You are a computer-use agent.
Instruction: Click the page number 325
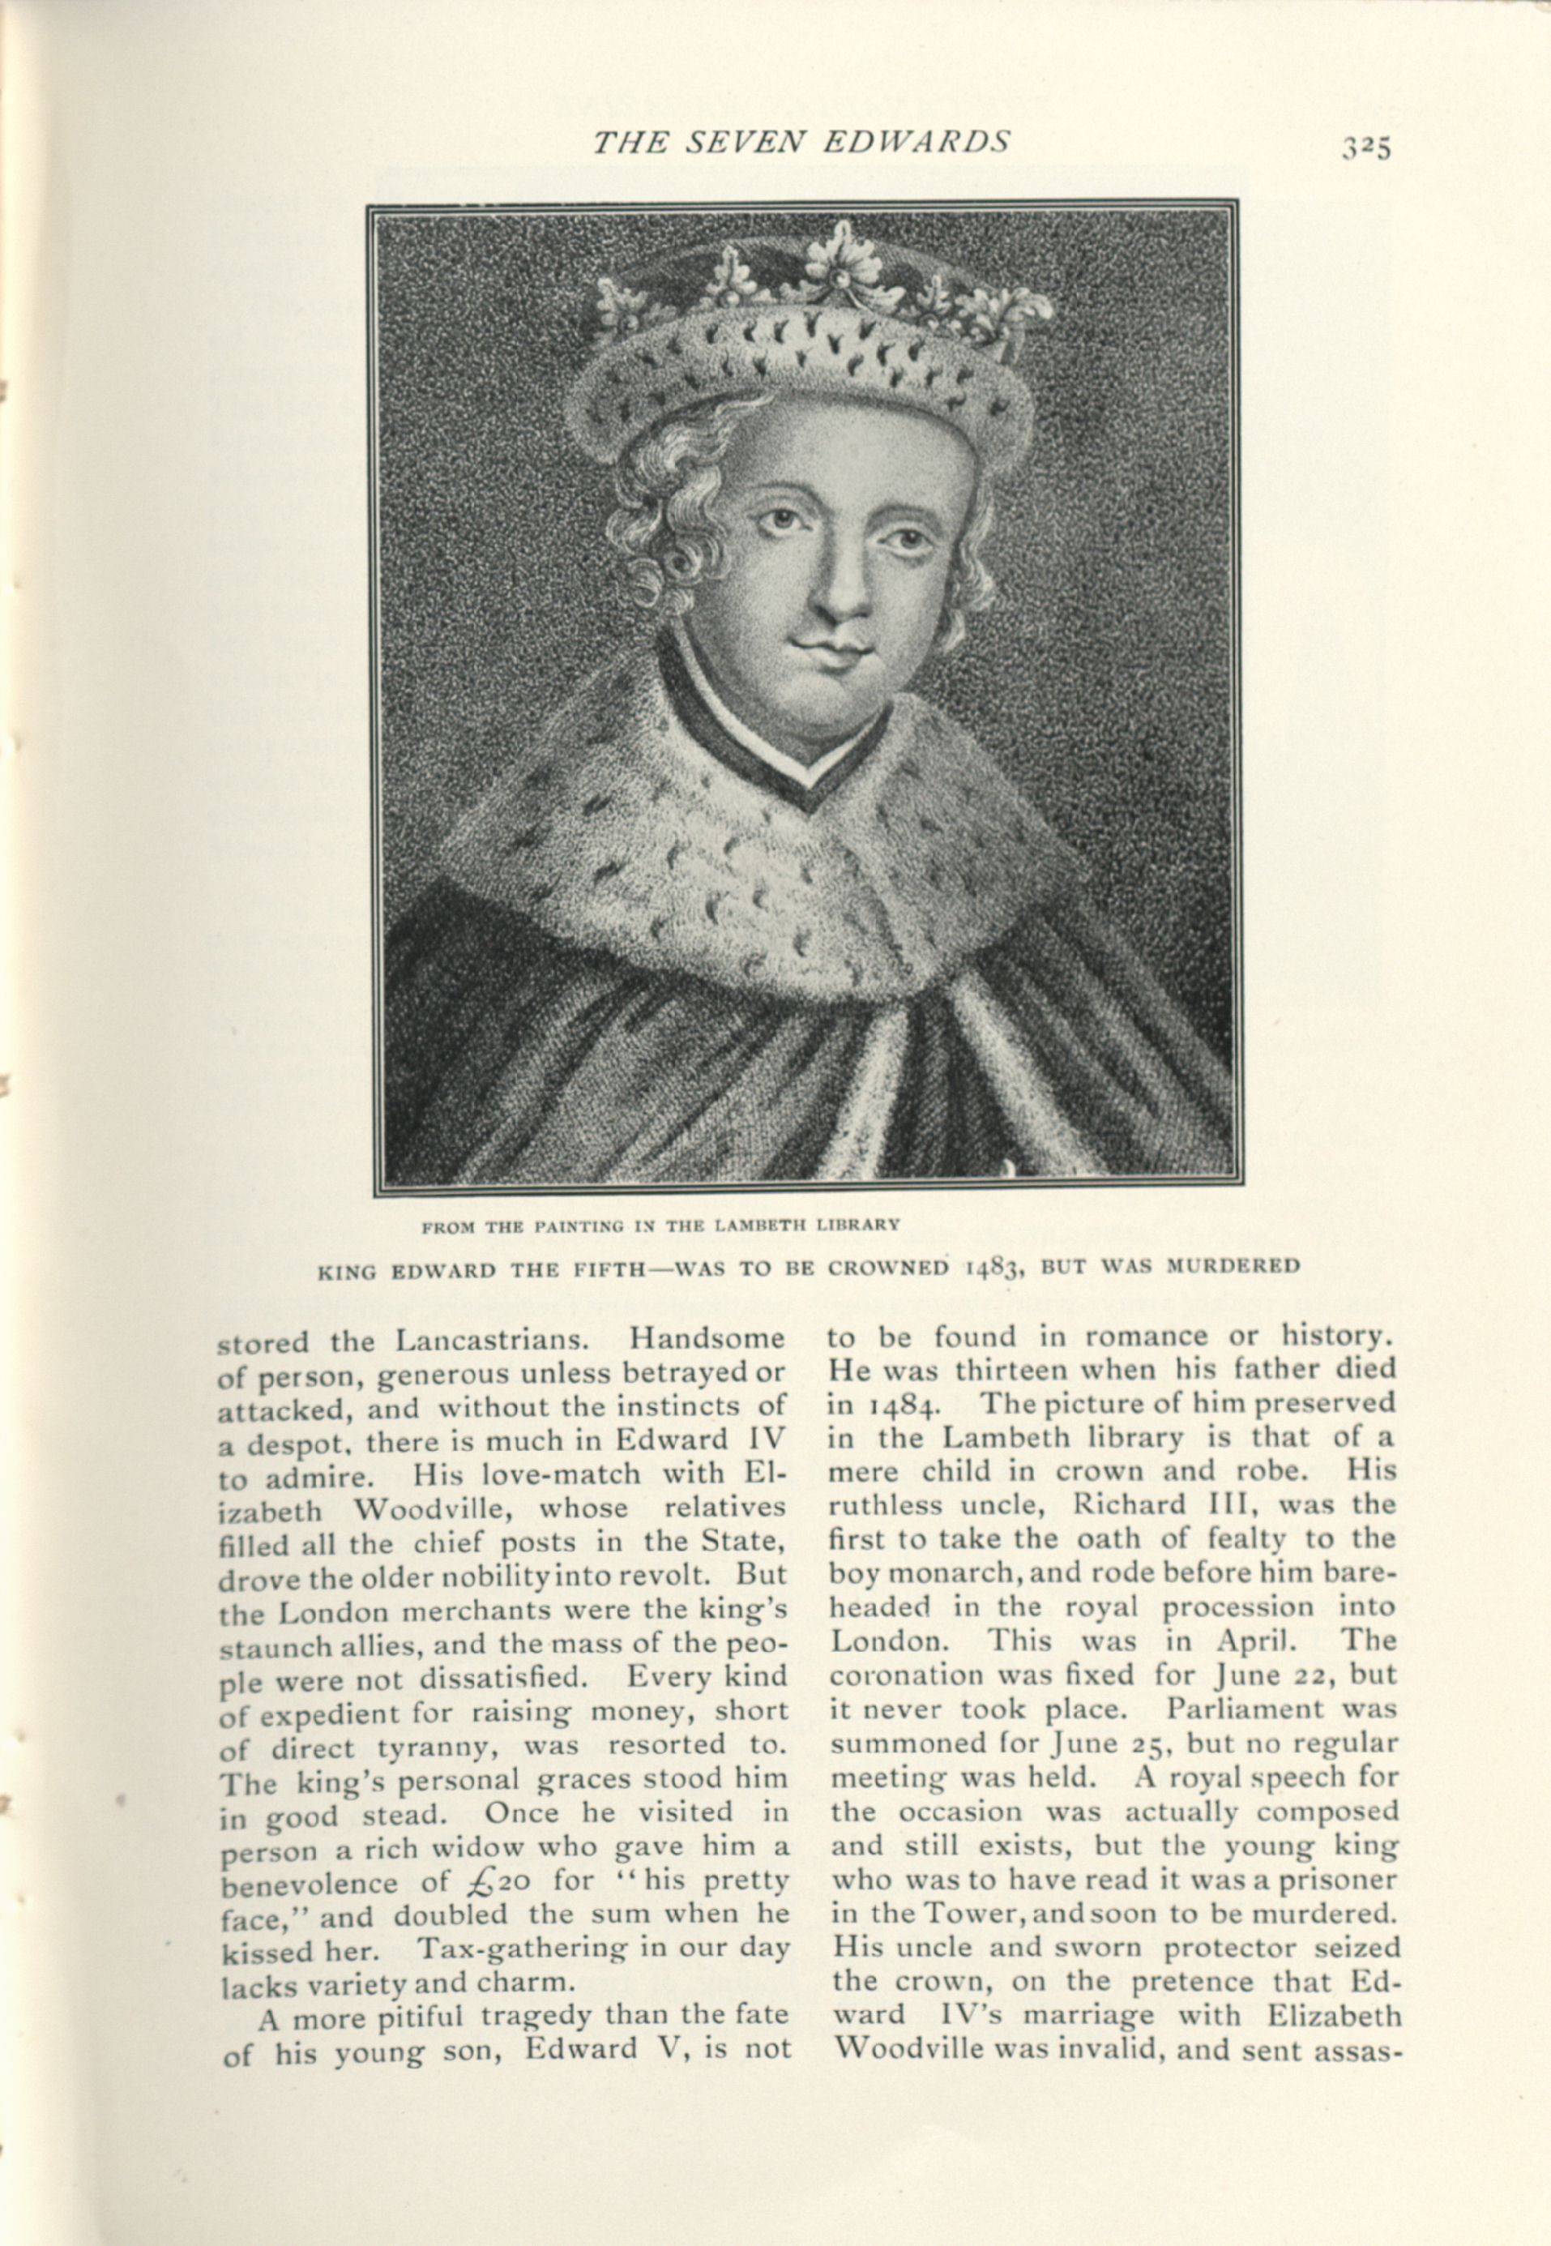click(x=1367, y=147)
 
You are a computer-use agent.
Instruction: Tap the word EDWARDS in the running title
click(x=916, y=142)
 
